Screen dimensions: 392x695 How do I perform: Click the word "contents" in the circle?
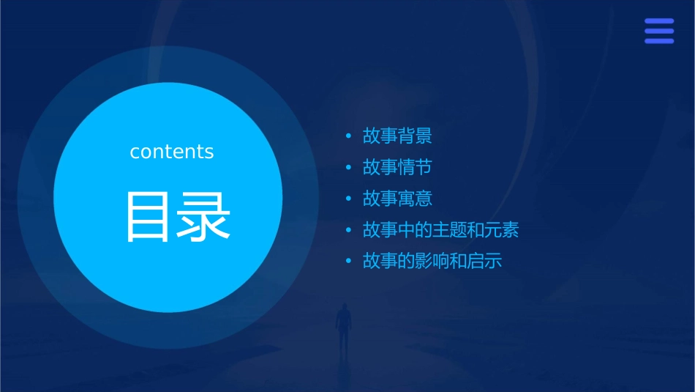pyautogui.click(x=172, y=152)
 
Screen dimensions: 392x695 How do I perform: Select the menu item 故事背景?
pyautogui.click(x=397, y=136)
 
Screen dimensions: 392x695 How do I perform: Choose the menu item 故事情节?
pyautogui.click(x=397, y=167)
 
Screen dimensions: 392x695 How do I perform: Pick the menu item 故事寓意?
pyautogui.click(x=397, y=199)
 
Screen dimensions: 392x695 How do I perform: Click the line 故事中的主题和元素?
pyautogui.click(x=440, y=230)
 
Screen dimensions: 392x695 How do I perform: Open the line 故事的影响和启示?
pyautogui.click(x=432, y=261)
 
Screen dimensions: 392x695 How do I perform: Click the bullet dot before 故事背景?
pyautogui.click(x=349, y=136)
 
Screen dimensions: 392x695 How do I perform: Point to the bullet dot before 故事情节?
pyautogui.click(x=349, y=168)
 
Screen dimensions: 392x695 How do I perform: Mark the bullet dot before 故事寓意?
pyautogui.click(x=349, y=199)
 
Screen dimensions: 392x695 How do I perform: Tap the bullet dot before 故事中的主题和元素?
pyautogui.click(x=349, y=231)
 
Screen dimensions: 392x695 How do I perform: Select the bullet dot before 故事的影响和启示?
pyautogui.click(x=349, y=262)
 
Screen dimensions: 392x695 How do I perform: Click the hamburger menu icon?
pyautogui.click(x=659, y=32)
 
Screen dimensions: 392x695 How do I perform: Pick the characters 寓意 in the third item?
pyautogui.click(x=415, y=199)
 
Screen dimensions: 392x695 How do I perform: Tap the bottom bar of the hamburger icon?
pyautogui.click(x=659, y=41)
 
